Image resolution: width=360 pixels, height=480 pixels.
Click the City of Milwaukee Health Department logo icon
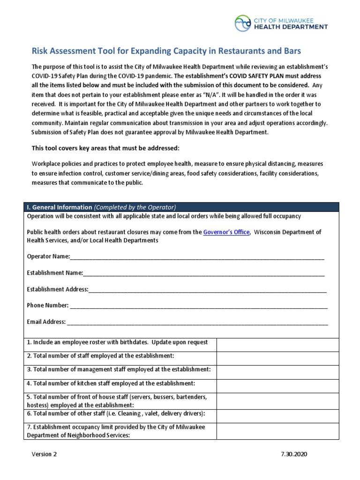pyautogui.click(x=243, y=23)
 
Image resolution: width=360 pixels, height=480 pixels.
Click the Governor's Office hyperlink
pyautogui.click(x=226, y=232)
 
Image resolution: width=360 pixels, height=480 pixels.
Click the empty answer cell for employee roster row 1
pyautogui.click(x=277, y=345)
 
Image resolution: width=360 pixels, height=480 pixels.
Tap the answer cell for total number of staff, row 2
pyautogui.click(x=277, y=358)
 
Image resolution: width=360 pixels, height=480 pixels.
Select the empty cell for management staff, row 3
pyautogui.click(x=277, y=372)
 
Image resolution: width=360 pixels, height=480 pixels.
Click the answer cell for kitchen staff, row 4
pyautogui.click(x=277, y=385)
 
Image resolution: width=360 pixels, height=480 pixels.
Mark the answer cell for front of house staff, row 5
pyautogui.click(x=277, y=400)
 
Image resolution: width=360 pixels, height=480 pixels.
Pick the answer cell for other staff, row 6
pyautogui.click(x=277, y=415)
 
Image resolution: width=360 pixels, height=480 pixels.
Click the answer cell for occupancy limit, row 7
pyautogui.click(x=277, y=431)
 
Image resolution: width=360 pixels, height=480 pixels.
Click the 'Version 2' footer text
pyautogui.click(x=45, y=455)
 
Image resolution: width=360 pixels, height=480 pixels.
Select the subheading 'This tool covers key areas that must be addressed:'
pyautogui.click(x=105, y=148)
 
